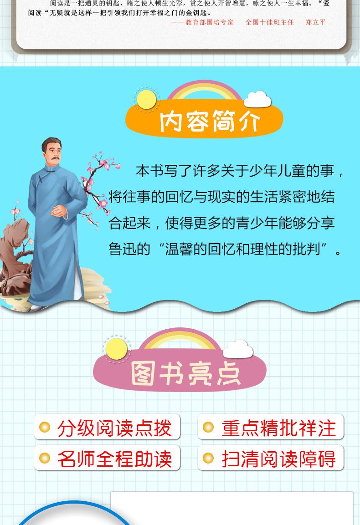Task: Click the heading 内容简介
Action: (210, 121)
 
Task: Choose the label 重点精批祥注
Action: (278, 428)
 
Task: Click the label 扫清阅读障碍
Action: (278, 459)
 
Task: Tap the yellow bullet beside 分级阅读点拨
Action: (45, 427)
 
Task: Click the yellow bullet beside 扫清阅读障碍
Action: (208, 458)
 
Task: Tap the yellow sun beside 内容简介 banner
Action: (146, 99)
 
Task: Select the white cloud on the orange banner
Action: (257, 99)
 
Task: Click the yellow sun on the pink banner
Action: (116, 348)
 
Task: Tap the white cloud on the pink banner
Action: (238, 349)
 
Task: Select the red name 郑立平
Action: (315, 22)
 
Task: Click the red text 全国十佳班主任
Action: (269, 22)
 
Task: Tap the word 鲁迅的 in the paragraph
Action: (129, 249)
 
